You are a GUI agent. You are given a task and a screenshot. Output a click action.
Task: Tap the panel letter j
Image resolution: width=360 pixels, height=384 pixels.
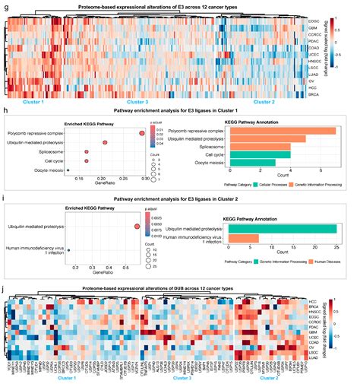point(5,290)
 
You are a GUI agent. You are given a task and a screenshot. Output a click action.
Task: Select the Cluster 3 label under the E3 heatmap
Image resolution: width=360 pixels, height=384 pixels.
point(137,101)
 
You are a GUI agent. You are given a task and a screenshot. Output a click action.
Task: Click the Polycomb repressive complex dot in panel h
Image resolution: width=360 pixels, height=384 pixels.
point(141,132)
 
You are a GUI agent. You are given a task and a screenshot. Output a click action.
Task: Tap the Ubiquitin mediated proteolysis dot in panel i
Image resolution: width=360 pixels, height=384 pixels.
point(137,227)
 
